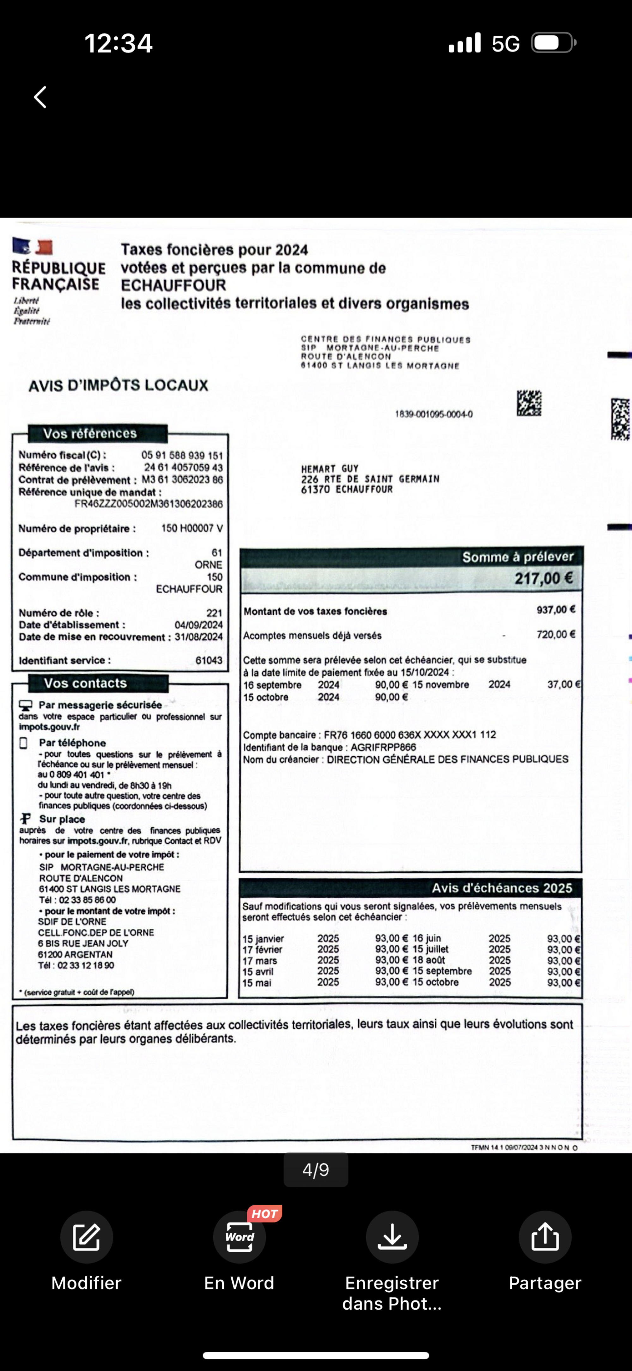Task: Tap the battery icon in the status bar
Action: point(553,43)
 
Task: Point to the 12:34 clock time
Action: point(118,43)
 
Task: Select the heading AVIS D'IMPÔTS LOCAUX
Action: point(118,385)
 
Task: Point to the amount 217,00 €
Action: point(543,578)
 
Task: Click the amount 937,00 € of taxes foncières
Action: point(556,610)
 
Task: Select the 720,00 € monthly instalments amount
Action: point(556,634)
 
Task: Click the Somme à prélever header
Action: point(517,557)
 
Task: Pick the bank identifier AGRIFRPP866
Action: point(383,747)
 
